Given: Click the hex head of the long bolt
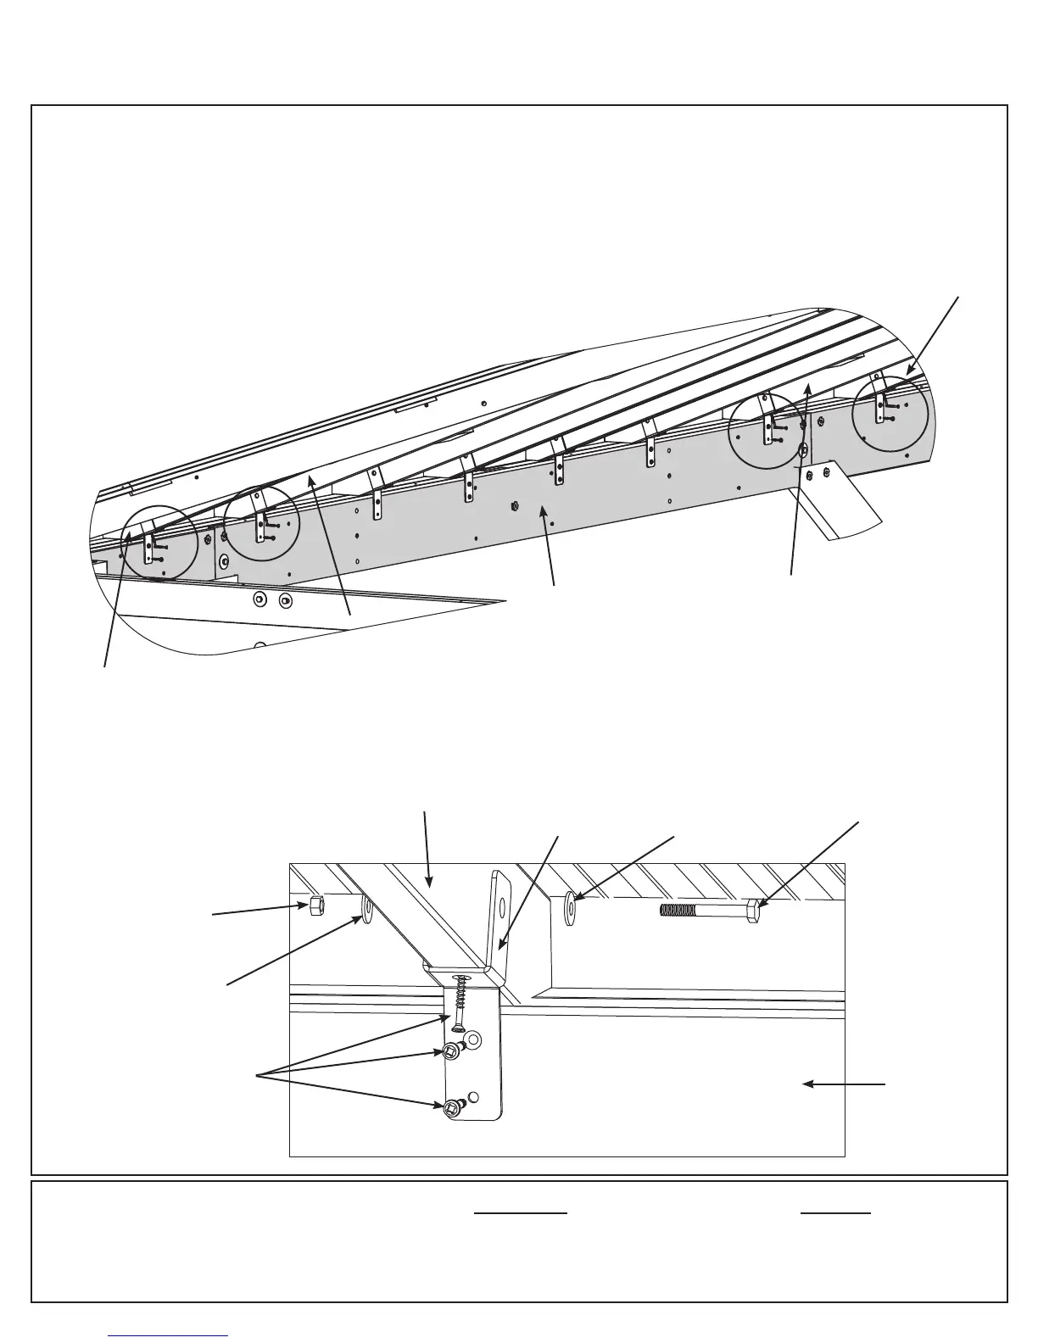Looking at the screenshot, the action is pyautogui.click(x=753, y=911).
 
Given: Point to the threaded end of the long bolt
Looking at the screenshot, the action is pyautogui.click(x=678, y=911).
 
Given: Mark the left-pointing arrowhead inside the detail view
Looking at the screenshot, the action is pyautogui.click(x=808, y=1084).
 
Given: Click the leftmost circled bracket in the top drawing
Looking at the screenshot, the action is pyautogui.click(x=159, y=543).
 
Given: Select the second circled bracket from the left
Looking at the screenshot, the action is pyautogui.click(x=261, y=523).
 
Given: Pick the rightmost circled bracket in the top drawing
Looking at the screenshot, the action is pyautogui.click(x=890, y=413).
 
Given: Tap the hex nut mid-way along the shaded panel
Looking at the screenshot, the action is pyautogui.click(x=515, y=506).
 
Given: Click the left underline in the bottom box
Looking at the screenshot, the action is pyautogui.click(x=520, y=1213).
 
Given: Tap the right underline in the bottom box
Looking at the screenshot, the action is pyautogui.click(x=835, y=1213).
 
